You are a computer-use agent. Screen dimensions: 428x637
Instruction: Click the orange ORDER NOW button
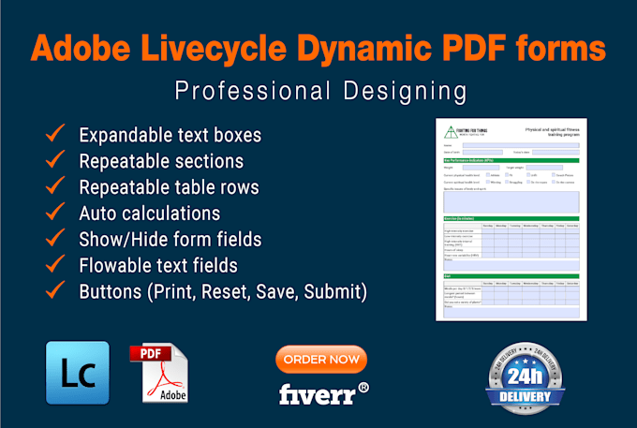tap(320, 360)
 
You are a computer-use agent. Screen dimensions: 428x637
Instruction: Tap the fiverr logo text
tap(318, 394)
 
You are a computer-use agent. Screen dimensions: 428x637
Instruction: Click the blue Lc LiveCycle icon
tap(77, 372)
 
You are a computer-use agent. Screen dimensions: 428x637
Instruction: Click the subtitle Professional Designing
tap(319, 91)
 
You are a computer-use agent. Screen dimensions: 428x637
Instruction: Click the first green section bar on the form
tap(511, 160)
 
